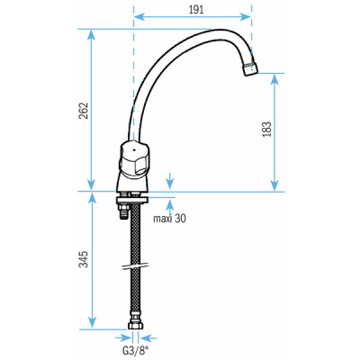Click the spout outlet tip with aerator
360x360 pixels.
point(250,70)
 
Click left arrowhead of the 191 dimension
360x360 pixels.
point(138,14)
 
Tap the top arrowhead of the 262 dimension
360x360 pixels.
point(91,34)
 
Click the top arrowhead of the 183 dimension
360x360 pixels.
point(274,76)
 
